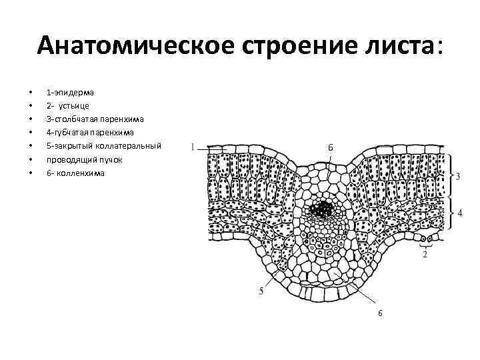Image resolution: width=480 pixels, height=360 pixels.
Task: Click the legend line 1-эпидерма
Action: [70, 92]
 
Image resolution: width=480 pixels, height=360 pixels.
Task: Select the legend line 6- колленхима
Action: [75, 173]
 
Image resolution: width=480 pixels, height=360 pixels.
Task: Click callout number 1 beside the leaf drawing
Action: [192, 147]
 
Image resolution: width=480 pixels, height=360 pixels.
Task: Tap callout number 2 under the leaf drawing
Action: [424, 255]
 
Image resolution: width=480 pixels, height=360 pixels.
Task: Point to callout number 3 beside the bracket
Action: [458, 176]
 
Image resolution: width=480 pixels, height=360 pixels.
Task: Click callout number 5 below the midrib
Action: [261, 291]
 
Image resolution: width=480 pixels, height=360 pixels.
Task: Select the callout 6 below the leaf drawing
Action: [380, 313]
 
